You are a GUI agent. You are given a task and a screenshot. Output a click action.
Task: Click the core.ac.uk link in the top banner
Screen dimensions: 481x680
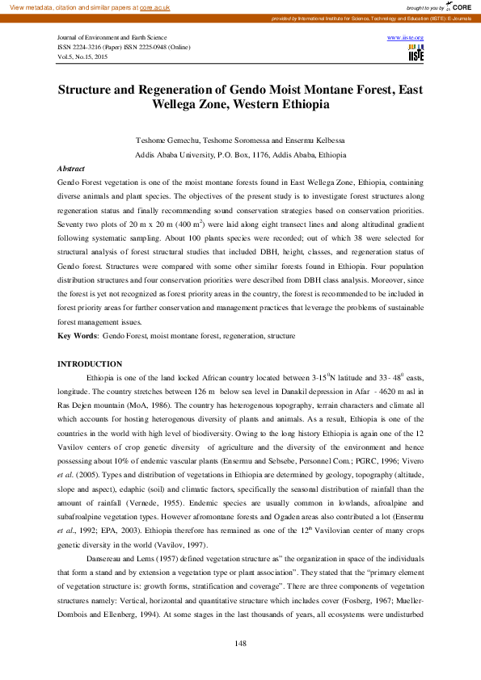click(154, 6)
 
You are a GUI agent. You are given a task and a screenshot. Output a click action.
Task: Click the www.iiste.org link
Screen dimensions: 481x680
click(406, 38)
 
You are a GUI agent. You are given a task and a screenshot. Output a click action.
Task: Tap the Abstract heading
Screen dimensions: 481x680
click(71, 168)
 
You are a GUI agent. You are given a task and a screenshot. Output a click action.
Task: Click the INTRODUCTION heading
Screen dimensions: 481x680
click(90, 364)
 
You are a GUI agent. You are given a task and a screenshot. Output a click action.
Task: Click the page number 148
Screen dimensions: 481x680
click(240, 642)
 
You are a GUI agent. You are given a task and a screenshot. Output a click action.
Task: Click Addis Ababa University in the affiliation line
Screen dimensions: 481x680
click(175, 154)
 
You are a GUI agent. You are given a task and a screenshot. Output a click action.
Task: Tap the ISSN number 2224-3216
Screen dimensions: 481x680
click(93, 48)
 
